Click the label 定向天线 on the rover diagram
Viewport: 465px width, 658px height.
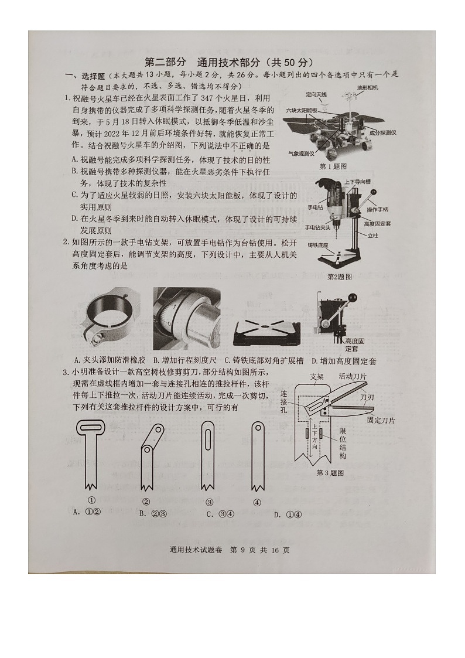pos(316,94)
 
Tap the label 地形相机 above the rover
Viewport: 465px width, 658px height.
pos(368,87)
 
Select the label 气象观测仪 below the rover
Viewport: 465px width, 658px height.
pos(302,153)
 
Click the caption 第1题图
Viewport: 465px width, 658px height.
pos(333,166)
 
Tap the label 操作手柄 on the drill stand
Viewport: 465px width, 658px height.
pos(378,209)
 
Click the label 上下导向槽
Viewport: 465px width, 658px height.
pos(358,182)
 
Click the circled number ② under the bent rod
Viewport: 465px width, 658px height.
pos(146,502)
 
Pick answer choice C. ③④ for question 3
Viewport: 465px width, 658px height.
pos(220,514)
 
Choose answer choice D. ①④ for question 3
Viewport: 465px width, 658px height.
pos(288,514)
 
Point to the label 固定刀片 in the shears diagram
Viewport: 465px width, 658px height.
pos(381,420)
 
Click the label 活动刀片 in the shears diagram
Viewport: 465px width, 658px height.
pos(353,376)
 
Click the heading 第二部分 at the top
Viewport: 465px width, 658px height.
pos(165,63)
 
